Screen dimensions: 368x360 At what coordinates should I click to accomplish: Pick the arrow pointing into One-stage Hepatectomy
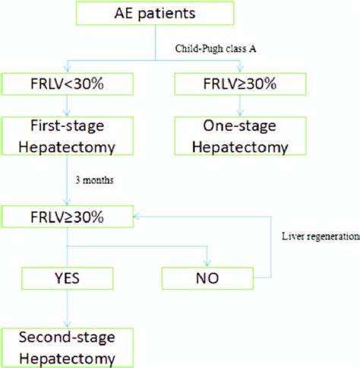click(223, 106)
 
